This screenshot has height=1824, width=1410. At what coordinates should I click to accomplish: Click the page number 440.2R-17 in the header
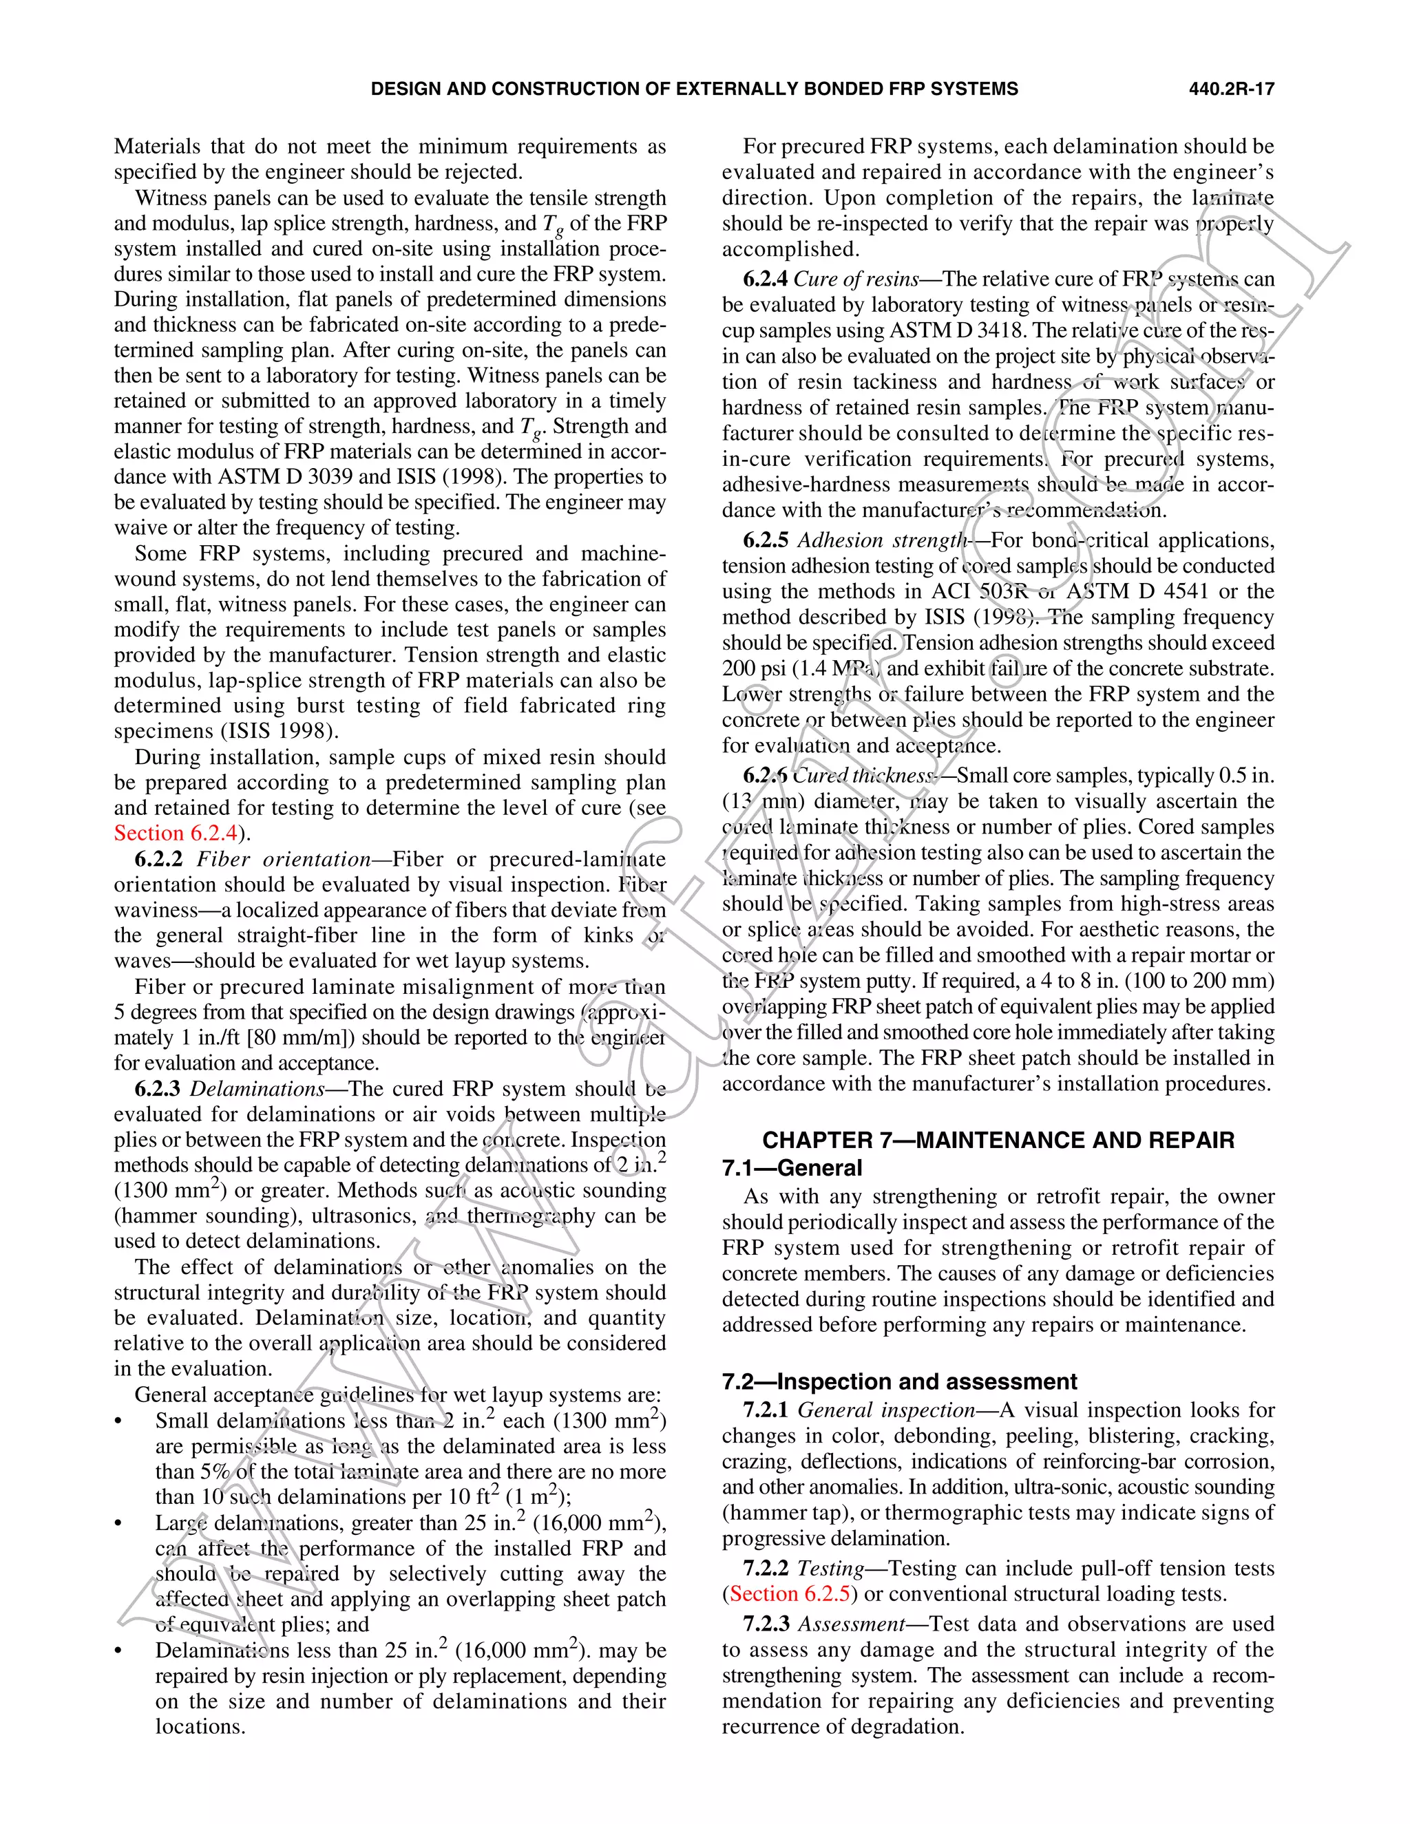(1231, 89)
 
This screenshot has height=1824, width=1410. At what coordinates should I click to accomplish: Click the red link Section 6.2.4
(176, 834)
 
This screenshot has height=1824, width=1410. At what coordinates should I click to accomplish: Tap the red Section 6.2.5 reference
(790, 1593)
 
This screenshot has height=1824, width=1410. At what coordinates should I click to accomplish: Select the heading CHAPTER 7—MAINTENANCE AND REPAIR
(998, 1140)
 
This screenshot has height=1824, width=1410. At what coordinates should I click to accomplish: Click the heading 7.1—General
(792, 1167)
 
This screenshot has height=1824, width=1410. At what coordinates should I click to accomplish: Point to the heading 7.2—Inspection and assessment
(900, 1381)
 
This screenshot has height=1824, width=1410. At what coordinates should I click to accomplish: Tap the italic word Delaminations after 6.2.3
(256, 1089)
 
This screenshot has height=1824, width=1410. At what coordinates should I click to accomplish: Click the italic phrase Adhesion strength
(881, 540)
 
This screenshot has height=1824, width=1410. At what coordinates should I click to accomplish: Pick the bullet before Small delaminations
(118, 1421)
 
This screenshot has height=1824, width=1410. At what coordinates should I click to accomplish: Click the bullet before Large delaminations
(118, 1523)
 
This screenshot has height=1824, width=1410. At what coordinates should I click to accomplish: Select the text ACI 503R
(979, 591)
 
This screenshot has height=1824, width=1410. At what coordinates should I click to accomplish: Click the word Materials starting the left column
(157, 147)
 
